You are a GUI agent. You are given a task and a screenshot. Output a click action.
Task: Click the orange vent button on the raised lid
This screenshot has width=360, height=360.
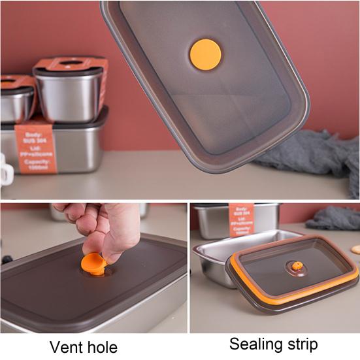point(206,54)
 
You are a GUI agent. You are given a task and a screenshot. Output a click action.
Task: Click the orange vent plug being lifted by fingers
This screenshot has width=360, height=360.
point(94,265)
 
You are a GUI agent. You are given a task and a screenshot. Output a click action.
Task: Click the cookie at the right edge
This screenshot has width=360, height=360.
point(355,249)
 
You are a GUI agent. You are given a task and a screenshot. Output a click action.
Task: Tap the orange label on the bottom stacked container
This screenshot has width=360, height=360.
point(35,148)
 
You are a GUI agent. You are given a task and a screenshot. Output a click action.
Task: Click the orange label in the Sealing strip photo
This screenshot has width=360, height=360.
point(241,219)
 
